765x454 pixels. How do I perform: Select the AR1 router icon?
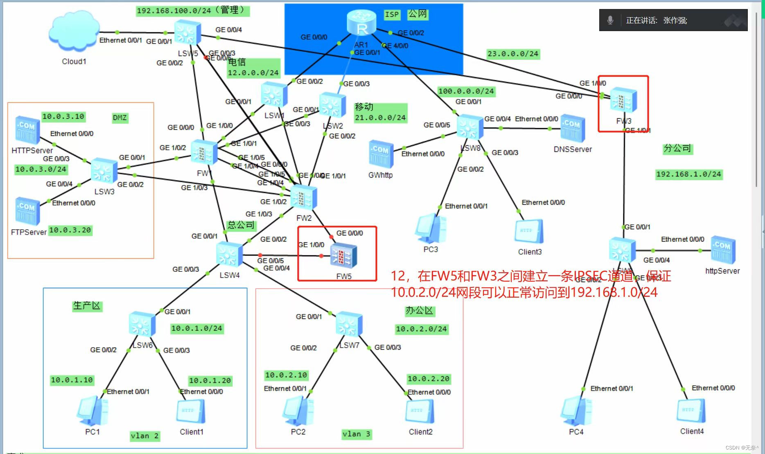361,23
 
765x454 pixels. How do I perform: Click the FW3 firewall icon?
623,100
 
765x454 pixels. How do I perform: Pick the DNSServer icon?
572,129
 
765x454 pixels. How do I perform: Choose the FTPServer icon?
27,211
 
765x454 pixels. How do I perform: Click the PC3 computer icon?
431,228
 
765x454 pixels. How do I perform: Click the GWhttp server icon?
381,154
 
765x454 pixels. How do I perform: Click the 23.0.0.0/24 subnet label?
513,54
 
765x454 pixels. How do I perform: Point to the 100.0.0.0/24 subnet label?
466,91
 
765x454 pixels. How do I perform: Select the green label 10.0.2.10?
286,375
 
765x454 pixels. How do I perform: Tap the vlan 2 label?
144,436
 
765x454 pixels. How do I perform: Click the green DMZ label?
120,118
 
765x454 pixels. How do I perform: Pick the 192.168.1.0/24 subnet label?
688,174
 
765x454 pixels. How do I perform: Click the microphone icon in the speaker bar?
610,20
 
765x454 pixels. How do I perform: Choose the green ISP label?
392,15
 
